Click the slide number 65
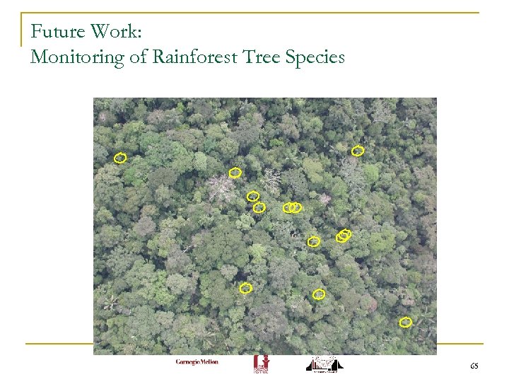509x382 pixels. [474, 366]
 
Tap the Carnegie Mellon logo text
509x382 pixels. [197, 362]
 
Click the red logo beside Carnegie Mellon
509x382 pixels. [261, 364]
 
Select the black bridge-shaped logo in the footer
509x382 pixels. [324, 364]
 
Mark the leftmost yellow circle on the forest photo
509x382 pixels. [120, 158]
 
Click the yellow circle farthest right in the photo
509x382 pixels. [405, 323]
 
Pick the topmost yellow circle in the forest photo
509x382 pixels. [358, 151]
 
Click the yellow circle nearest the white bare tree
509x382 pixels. [235, 173]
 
